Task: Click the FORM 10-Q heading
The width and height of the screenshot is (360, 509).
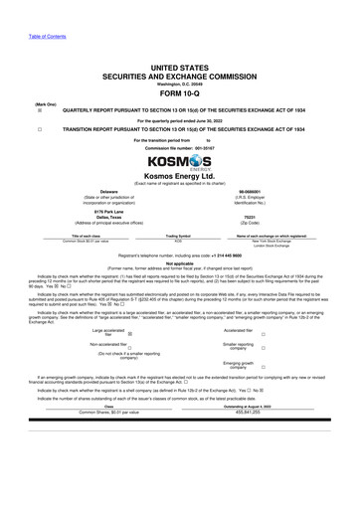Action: point(179,96)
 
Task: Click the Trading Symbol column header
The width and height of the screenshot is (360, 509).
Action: point(178,235)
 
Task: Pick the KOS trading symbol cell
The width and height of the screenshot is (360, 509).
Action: point(178,241)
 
